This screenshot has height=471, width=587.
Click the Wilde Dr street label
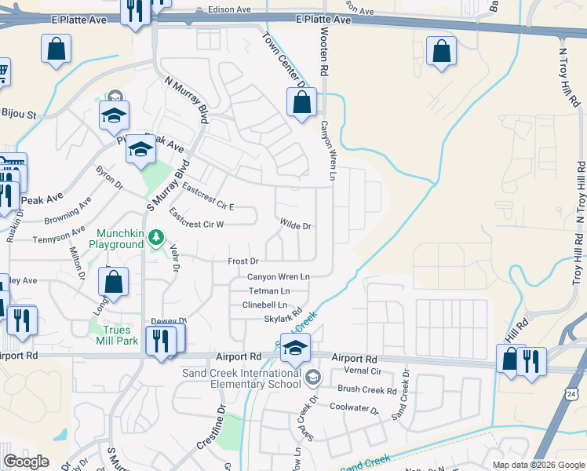coord(296,226)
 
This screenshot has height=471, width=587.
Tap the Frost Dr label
coord(242,261)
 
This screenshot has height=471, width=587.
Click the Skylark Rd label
coord(283,319)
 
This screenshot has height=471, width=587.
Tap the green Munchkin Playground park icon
coord(157,235)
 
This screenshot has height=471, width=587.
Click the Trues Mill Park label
coord(117,335)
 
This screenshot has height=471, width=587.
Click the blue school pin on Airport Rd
coord(295,348)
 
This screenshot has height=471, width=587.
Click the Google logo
coord(27,462)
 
